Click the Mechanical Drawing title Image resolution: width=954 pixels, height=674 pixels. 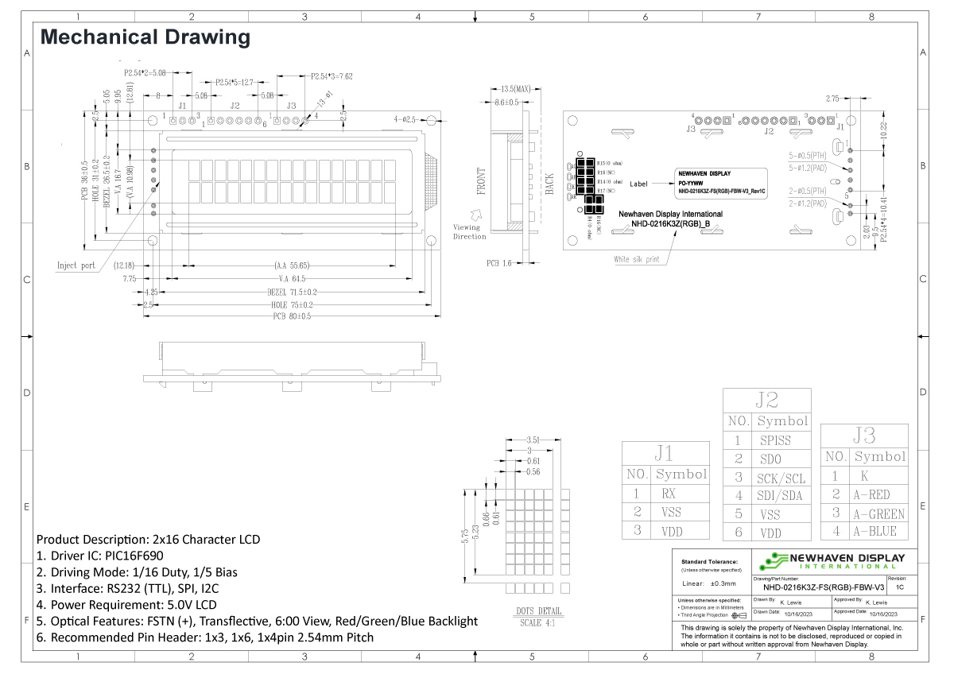click(145, 37)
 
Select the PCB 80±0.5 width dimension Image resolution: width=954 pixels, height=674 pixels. click(289, 316)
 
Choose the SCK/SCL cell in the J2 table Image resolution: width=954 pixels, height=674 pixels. click(781, 478)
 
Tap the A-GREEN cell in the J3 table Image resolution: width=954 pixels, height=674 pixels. click(878, 513)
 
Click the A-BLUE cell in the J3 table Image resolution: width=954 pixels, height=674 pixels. click(878, 532)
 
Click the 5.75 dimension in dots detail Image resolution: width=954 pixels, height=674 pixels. click(463, 536)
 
